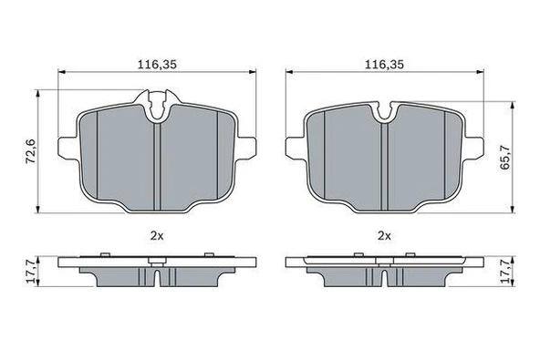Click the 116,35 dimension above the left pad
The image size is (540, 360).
point(157,65)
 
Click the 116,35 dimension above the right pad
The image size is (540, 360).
point(384,65)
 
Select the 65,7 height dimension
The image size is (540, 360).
point(504,157)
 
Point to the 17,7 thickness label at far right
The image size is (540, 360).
point(504,272)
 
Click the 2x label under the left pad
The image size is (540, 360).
point(157,236)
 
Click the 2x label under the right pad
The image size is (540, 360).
point(384,236)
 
